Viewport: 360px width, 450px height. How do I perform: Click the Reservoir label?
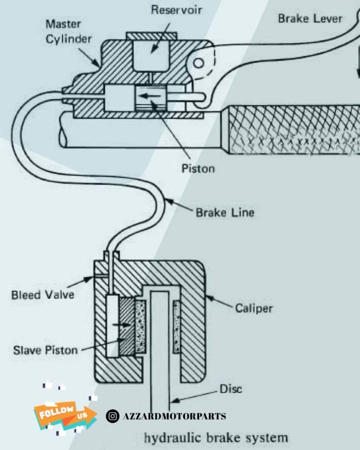click(x=176, y=10)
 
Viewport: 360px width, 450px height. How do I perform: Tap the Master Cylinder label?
click(x=68, y=31)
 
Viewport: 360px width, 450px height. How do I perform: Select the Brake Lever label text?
click(x=310, y=18)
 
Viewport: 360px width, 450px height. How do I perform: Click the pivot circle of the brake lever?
click(x=198, y=63)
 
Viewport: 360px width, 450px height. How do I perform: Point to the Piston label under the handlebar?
click(x=198, y=168)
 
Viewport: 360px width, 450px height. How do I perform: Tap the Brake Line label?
click(x=225, y=212)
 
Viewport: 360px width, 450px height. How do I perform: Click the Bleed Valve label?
click(x=42, y=294)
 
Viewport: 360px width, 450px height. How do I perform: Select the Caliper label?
click(x=254, y=308)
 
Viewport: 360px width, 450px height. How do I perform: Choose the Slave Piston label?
click(x=45, y=350)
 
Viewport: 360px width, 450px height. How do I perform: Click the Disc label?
click(x=230, y=389)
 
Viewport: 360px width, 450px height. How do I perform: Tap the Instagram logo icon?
click(x=112, y=416)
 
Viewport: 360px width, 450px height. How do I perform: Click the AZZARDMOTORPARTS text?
click(x=174, y=416)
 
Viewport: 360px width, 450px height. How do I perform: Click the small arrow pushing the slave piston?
click(x=121, y=325)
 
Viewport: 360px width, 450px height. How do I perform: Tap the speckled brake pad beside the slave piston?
click(x=140, y=326)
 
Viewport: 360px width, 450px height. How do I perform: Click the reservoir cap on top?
click(x=151, y=36)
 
